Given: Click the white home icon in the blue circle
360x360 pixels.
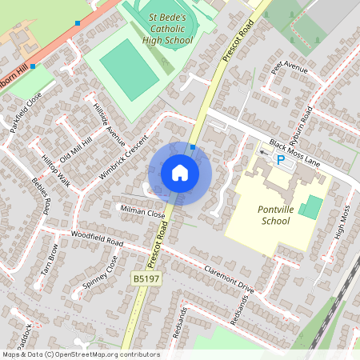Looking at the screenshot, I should point(180,173).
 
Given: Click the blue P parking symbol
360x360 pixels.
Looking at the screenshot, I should point(280,159).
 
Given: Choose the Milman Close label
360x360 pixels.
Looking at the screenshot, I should point(142,214).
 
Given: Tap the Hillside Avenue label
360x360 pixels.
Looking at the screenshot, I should point(109,124).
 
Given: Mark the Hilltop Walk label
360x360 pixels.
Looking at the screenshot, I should point(56,171).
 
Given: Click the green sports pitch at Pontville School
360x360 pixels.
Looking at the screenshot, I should point(312,206).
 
